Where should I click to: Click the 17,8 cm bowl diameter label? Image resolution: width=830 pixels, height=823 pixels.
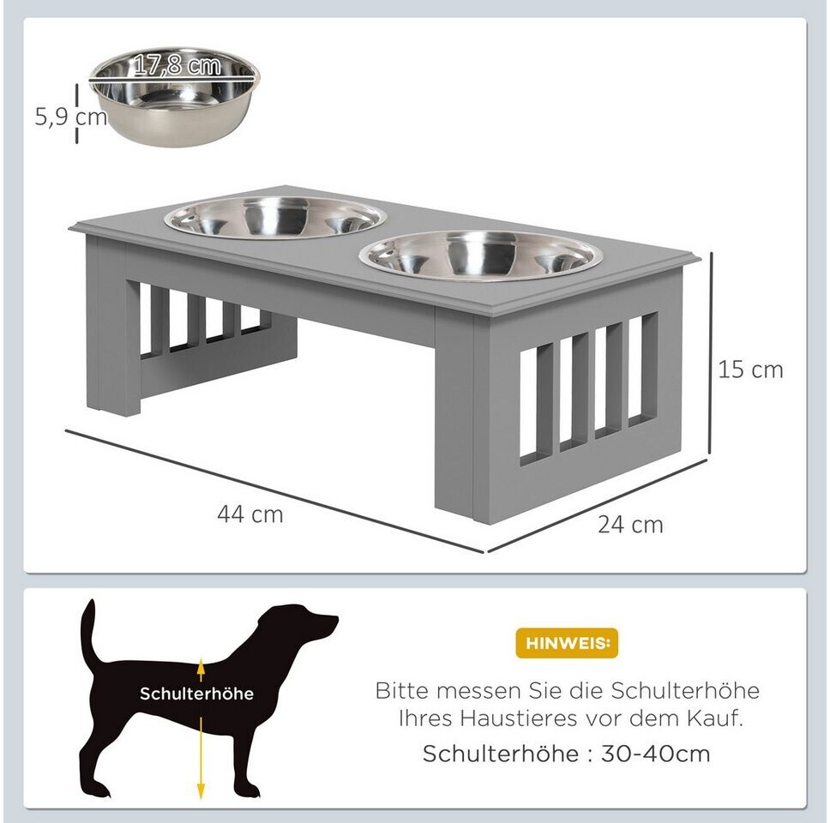(x=177, y=65)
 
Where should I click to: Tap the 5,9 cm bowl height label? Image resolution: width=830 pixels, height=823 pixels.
(x=71, y=117)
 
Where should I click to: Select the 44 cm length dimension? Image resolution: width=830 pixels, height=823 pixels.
(x=250, y=514)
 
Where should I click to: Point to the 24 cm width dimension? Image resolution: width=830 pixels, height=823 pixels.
(x=630, y=525)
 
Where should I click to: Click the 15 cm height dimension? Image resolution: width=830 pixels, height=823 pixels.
(x=750, y=369)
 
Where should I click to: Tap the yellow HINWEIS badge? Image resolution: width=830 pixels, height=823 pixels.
(x=567, y=643)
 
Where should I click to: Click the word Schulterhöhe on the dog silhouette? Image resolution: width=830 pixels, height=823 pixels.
(x=197, y=694)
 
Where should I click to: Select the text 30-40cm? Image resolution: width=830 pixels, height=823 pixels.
(x=655, y=754)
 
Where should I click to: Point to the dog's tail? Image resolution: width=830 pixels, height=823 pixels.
(x=87, y=633)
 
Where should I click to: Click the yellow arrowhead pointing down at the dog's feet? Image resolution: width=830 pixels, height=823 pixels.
(x=201, y=790)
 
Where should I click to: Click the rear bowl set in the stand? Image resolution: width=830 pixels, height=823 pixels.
(x=274, y=217)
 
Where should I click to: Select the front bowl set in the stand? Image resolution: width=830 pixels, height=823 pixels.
(x=481, y=255)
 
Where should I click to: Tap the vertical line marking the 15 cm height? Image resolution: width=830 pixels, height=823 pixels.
(x=712, y=353)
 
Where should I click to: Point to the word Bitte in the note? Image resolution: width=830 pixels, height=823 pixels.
(x=403, y=690)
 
